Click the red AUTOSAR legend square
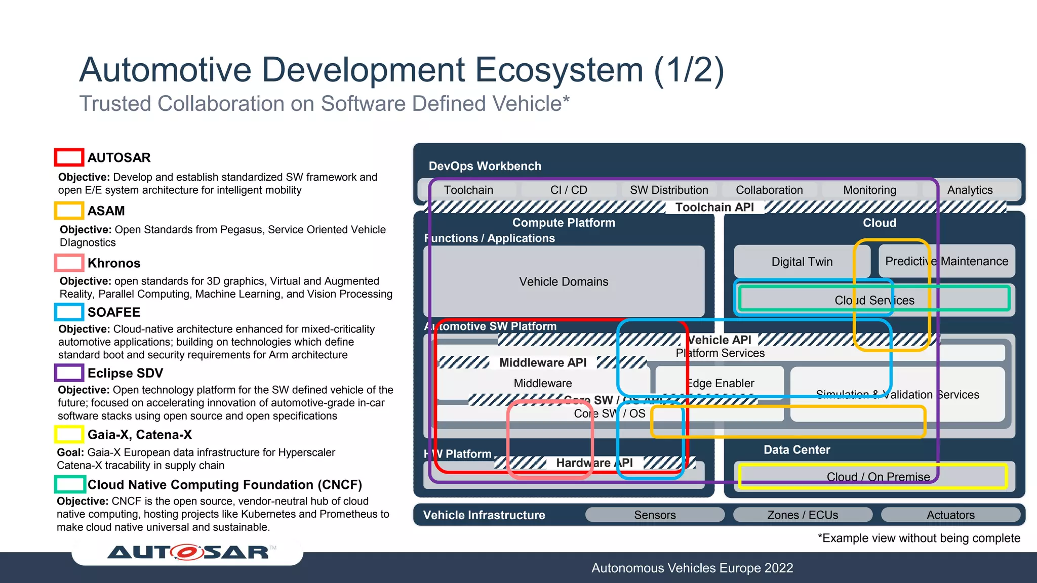click(69, 157)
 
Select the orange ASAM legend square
click(69, 211)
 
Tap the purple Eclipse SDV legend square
click(69, 373)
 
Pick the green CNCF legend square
click(69, 484)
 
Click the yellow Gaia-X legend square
click(69, 434)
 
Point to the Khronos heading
click(114, 263)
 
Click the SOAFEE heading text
click(114, 312)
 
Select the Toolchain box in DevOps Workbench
click(468, 190)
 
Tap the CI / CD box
click(569, 190)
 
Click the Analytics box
click(970, 190)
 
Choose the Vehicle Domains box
click(564, 281)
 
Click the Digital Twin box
click(802, 262)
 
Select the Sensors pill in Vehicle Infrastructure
click(655, 515)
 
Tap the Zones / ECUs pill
click(803, 515)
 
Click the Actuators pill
click(950, 515)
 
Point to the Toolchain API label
click(714, 207)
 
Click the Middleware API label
click(543, 363)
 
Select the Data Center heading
click(796, 450)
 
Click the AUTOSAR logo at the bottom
click(188, 552)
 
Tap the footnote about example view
click(919, 538)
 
